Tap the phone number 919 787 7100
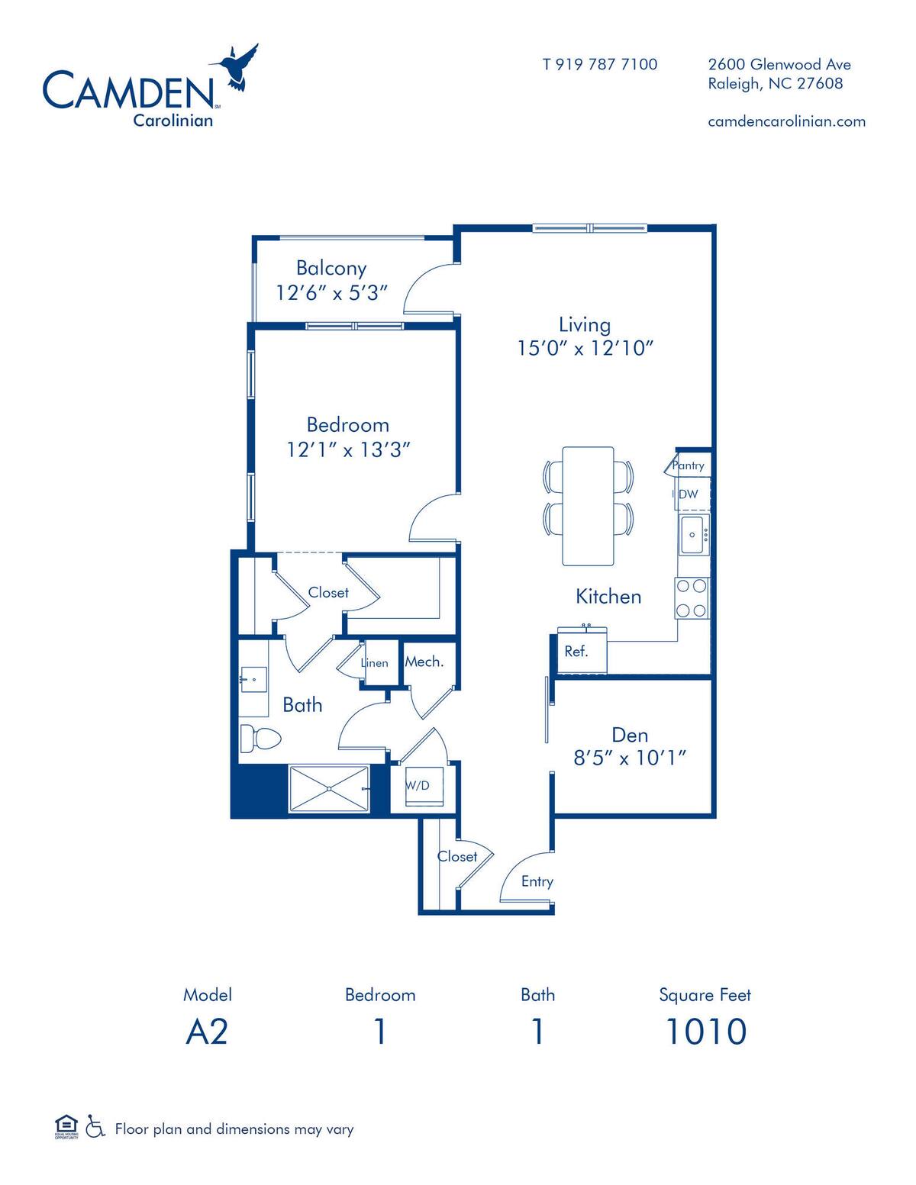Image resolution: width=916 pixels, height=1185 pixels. click(x=600, y=64)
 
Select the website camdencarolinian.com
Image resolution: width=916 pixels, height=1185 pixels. click(x=786, y=121)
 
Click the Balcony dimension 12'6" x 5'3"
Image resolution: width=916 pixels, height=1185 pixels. click(x=332, y=293)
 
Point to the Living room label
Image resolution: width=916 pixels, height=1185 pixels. click(x=585, y=324)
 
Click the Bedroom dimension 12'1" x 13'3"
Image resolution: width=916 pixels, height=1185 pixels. click(x=349, y=450)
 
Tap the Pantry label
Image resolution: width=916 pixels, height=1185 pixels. click(x=689, y=465)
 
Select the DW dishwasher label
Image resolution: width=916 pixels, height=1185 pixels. click(x=689, y=494)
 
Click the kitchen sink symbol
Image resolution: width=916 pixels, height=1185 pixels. click(x=694, y=535)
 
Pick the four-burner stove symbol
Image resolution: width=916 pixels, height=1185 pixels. click(x=692, y=598)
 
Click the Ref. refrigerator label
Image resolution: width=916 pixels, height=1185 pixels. click(x=576, y=651)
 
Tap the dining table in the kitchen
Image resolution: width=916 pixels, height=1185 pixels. click(x=588, y=506)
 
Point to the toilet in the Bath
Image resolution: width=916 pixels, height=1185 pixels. click(x=260, y=739)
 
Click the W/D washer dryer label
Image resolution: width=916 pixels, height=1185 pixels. click(x=417, y=785)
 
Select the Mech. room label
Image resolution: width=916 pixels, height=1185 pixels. click(x=424, y=662)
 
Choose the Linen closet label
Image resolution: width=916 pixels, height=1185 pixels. click(x=374, y=663)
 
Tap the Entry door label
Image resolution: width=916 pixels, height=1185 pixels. click(x=537, y=881)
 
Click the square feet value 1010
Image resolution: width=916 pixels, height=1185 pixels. click(x=705, y=1031)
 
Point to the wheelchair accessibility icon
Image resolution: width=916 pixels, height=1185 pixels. click(x=95, y=1126)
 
